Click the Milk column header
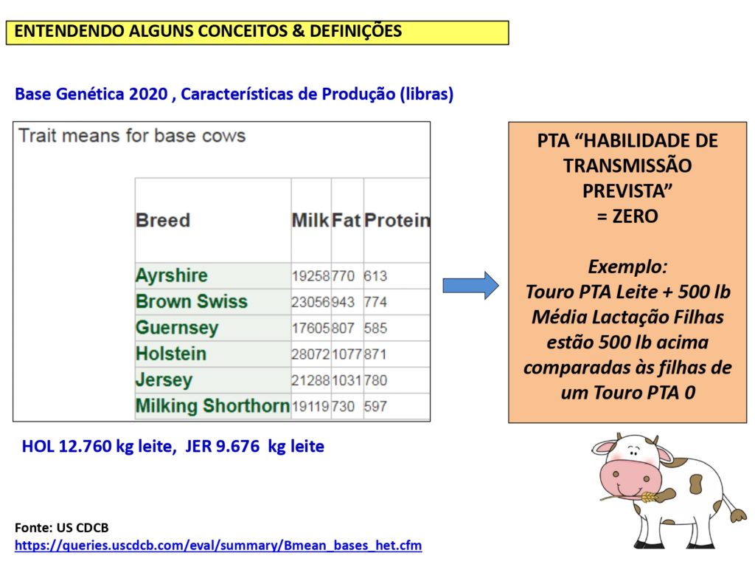pyautogui.click(x=310, y=220)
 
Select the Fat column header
pyautogui.click(x=347, y=220)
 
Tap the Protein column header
pyautogui.click(x=397, y=220)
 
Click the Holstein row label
pyautogui.click(x=171, y=354)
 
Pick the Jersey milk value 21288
pyautogui.click(x=310, y=380)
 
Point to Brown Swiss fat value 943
pyautogui.click(x=343, y=302)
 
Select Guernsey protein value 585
pyautogui.click(x=375, y=329)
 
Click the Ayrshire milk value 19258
pyautogui.click(x=310, y=276)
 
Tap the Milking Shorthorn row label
pyautogui.click(x=212, y=406)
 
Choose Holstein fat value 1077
pyautogui.click(x=347, y=354)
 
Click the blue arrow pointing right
pyautogui.click(x=470, y=286)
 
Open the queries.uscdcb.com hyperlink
pyautogui.click(x=218, y=546)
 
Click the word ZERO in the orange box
pyautogui.click(x=635, y=216)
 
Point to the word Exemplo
pyautogui.click(x=627, y=267)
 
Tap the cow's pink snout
pyautogui.click(x=627, y=476)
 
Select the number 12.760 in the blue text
pyautogui.click(x=85, y=447)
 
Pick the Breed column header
pyautogui.click(x=163, y=220)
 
